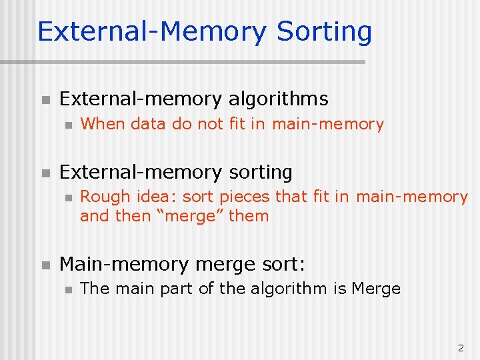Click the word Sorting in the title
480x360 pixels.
point(324,32)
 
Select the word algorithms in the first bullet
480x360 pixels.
point(278,99)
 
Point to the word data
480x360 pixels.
point(149,124)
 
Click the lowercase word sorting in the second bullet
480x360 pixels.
point(261,173)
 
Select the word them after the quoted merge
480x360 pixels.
point(248,216)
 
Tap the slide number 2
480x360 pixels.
point(460,347)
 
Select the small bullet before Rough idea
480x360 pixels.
point(66,197)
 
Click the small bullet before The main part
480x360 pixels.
point(66,289)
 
